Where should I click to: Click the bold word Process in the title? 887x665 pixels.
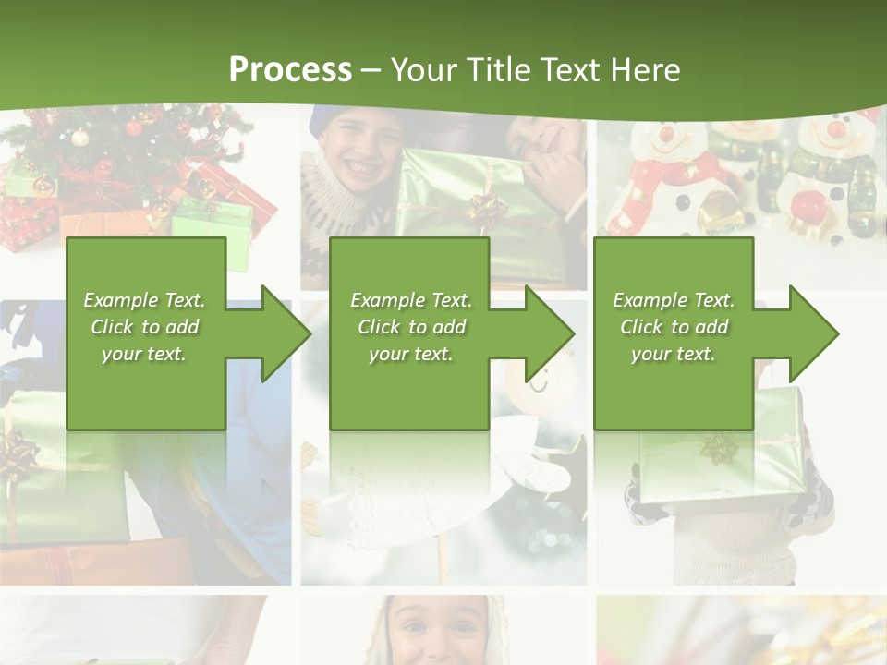point(290,69)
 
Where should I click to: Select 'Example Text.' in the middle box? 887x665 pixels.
point(411,300)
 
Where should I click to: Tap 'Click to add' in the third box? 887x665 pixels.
point(674,327)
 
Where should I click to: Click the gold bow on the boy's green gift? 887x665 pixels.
point(487,209)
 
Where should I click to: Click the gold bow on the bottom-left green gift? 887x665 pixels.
point(18,453)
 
